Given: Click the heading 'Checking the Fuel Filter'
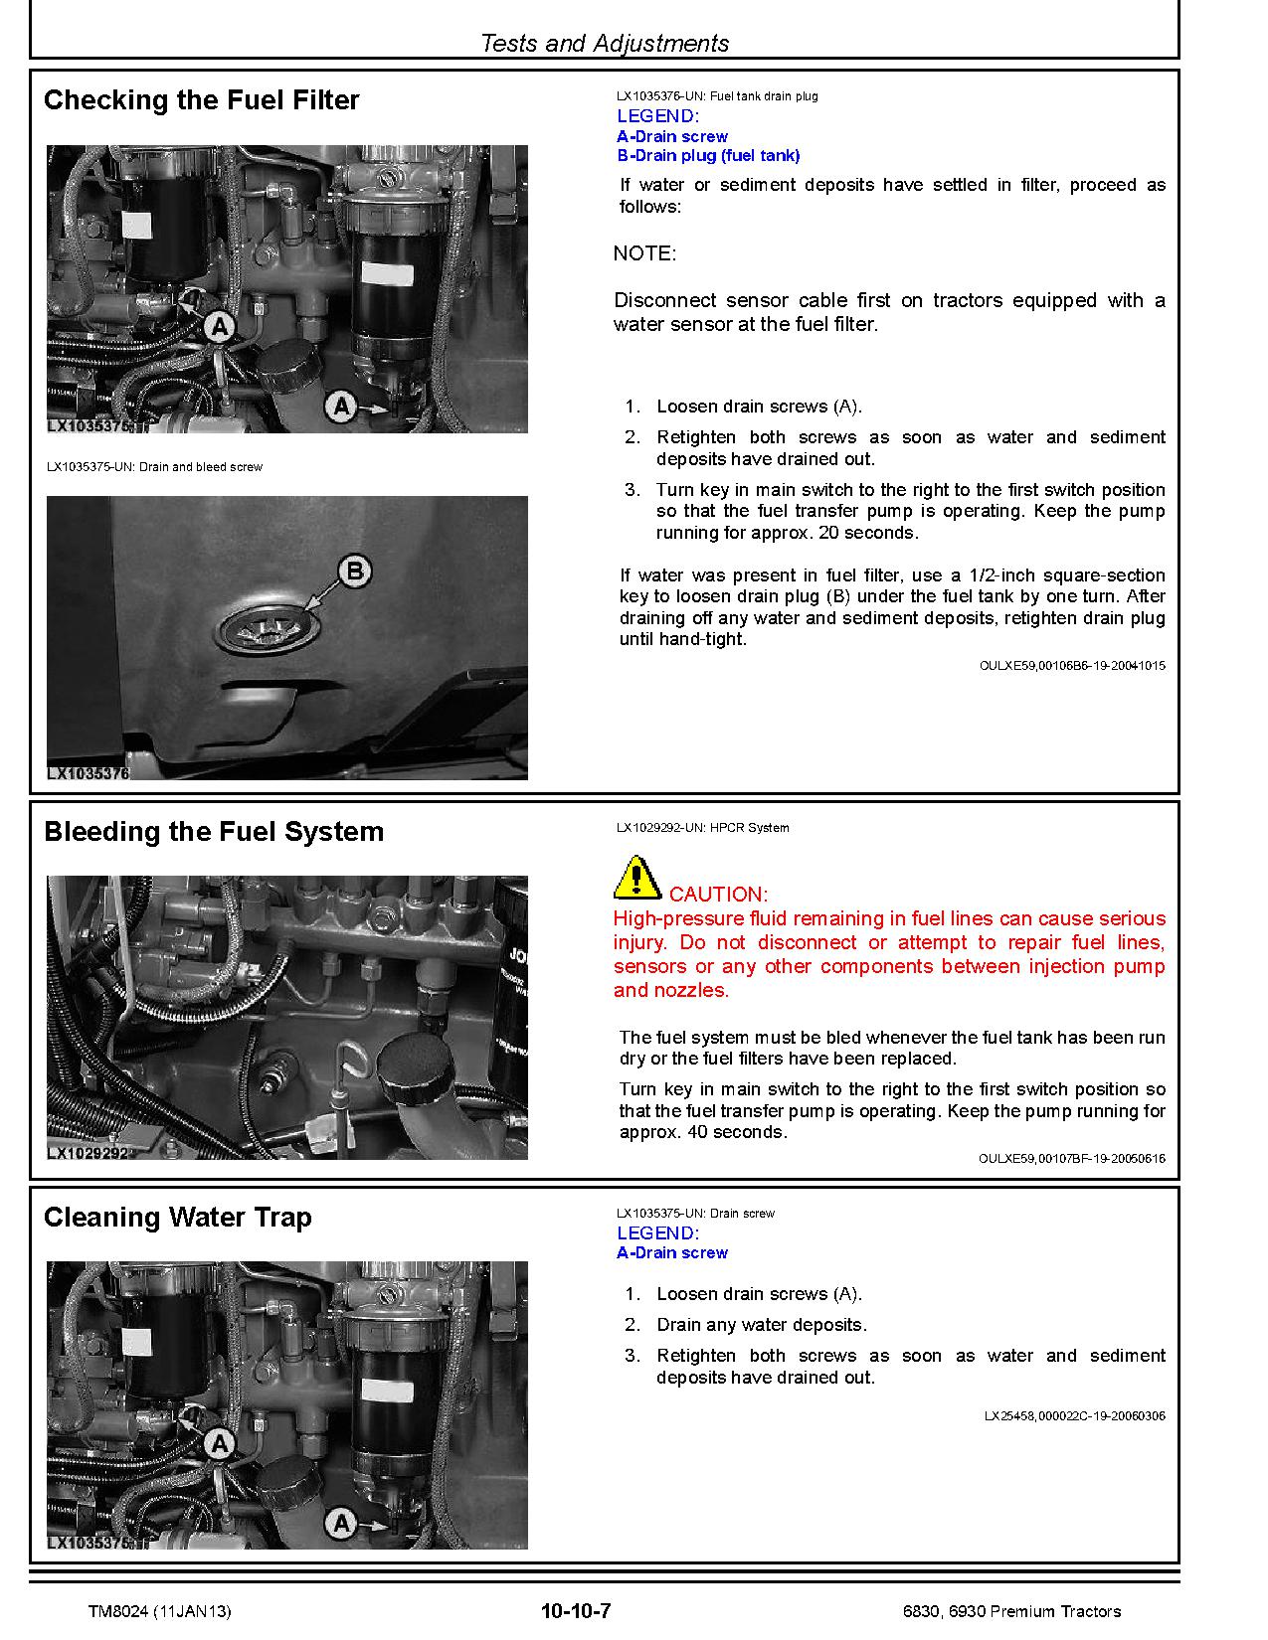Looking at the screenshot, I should [201, 100].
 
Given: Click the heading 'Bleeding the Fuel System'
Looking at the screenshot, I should [214, 832].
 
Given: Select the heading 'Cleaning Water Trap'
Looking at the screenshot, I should [178, 1218].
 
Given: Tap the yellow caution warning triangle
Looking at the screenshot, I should [636, 878].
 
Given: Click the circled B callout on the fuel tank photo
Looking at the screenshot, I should [354, 572].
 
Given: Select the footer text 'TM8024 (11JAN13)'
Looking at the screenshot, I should [159, 1611].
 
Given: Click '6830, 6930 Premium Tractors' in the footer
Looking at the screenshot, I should [1006, 1611].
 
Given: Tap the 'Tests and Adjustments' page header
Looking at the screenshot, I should [604, 44].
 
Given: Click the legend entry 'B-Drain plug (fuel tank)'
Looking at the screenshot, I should [708, 156].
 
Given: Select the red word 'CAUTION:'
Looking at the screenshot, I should [718, 895].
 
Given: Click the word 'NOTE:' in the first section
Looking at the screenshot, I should [644, 253].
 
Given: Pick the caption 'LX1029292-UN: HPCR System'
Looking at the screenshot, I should [702, 828].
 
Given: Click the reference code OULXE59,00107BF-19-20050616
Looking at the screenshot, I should [1072, 1159].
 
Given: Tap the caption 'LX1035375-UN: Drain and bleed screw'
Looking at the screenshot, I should [154, 467].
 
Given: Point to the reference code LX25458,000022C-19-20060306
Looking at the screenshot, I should [1074, 1416].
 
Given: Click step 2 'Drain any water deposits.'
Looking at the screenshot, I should [761, 1325].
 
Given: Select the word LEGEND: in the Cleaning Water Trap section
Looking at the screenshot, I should [657, 1233].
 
